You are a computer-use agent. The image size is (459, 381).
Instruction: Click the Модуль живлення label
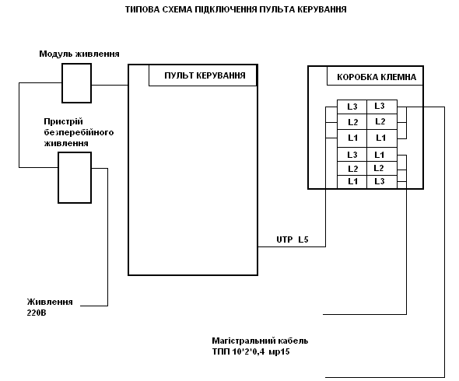pyautogui.click(x=79, y=54)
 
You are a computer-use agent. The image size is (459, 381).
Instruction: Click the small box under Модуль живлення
pyautogui.click(x=76, y=83)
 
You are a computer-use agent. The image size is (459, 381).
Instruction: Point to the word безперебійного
pyautogui.click(x=79, y=132)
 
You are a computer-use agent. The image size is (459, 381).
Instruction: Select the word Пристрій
pyautogui.click(x=63, y=121)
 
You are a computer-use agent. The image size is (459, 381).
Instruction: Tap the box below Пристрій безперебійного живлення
pyautogui.click(x=75, y=177)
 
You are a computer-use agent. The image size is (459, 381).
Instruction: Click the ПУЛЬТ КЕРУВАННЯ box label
pyautogui.click(x=205, y=75)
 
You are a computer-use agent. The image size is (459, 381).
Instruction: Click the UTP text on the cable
pyautogui.click(x=285, y=239)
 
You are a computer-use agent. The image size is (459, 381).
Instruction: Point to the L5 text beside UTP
pyautogui.click(x=303, y=239)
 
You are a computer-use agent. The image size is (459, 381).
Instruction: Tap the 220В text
pyautogui.click(x=37, y=313)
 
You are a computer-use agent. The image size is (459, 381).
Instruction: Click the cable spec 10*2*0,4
pyautogui.click(x=248, y=351)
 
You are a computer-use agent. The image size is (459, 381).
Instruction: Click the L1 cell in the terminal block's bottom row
pyautogui.click(x=352, y=182)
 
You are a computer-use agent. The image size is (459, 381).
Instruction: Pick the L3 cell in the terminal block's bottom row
pyautogui.click(x=382, y=182)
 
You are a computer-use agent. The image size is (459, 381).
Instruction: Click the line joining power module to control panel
pyautogui.click(x=110, y=86)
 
